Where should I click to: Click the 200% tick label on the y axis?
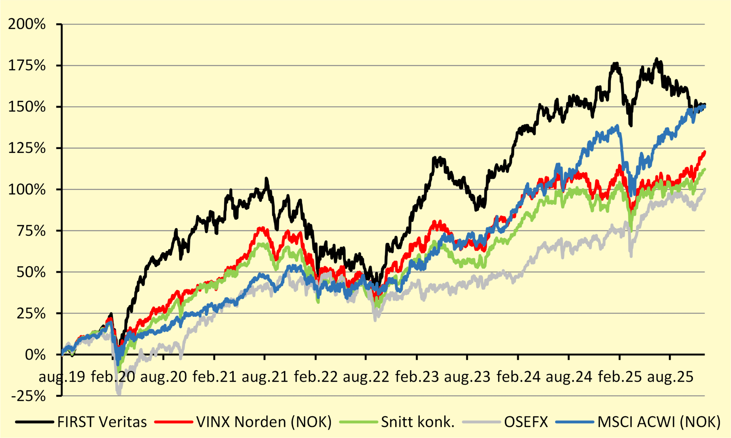coord(27,24)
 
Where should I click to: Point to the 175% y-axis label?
coord(27,66)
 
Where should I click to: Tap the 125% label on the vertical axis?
coord(27,148)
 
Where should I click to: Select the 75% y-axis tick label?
coord(31,231)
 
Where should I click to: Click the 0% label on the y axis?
coord(35,355)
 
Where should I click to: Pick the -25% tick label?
coord(29,396)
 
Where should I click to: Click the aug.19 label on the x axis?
coord(62,377)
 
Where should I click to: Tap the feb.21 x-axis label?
coord(214,377)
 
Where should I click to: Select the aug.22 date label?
coord(366,377)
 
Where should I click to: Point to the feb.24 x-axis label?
coord(518,377)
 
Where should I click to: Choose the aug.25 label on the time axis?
coord(670,377)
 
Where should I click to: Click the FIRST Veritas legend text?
coord(102,422)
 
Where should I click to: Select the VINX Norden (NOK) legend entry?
coord(264,422)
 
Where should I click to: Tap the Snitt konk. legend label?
coord(418,422)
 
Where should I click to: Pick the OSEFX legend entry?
coord(526,422)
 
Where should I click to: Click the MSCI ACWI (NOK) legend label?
coord(659,422)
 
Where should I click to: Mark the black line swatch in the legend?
coord(35,422)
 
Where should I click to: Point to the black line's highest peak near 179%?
coord(656,59)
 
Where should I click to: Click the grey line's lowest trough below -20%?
coord(119,393)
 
